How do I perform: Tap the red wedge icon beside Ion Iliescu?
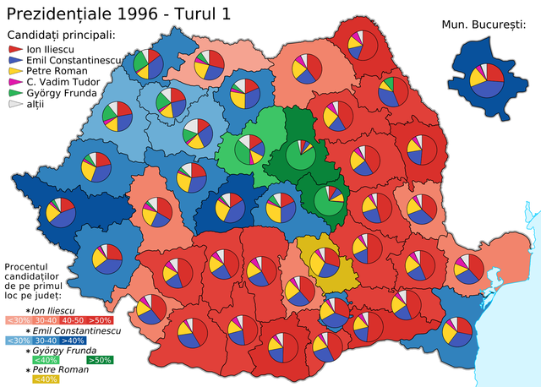coord(14,50)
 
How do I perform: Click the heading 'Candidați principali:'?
coord(60,35)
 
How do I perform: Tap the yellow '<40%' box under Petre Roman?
coord(20,379)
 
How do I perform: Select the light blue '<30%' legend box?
coord(17,341)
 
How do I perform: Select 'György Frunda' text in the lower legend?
coord(63,350)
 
